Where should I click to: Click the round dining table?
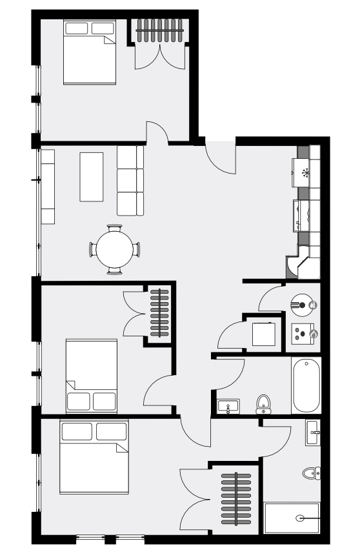point(114,249)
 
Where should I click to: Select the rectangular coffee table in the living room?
point(90,176)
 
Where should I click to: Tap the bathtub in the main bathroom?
point(305,385)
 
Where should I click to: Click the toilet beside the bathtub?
point(263,404)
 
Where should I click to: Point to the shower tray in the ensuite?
point(292,517)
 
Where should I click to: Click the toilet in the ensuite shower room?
point(310,473)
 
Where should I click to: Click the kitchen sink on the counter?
point(303,214)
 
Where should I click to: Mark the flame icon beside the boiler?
point(314,334)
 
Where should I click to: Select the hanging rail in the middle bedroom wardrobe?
point(159,312)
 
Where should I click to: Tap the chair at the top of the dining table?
point(114,229)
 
